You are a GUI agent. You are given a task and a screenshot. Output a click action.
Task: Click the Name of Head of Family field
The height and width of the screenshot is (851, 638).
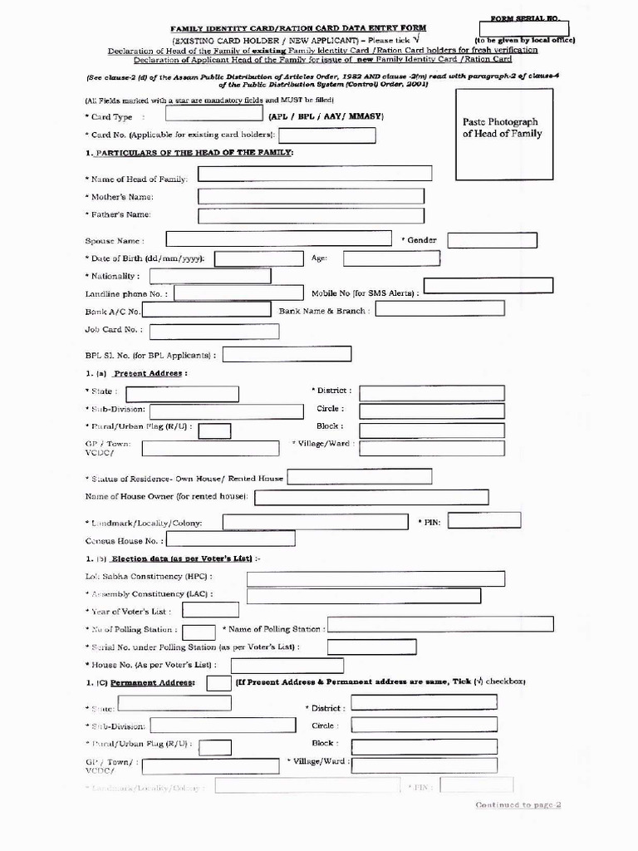click(x=314, y=174)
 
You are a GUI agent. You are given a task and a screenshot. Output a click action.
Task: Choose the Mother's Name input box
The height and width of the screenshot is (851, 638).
click(x=310, y=196)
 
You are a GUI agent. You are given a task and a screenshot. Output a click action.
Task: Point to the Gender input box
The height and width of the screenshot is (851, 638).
click(x=492, y=240)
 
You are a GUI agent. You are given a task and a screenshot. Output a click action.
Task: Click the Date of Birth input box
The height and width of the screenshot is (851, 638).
click(x=258, y=258)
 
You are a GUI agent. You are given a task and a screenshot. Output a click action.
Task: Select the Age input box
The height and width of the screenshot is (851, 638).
click(x=391, y=258)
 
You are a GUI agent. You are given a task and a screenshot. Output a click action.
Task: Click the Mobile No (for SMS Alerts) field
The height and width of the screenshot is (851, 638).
click(x=488, y=286)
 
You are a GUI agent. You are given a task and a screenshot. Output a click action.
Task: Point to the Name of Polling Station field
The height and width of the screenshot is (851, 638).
click(x=440, y=624)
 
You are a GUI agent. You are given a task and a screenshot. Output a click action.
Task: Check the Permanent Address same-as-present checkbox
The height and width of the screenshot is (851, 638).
click(x=218, y=683)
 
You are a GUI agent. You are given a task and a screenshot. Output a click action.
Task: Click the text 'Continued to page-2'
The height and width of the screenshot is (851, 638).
click(x=518, y=804)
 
